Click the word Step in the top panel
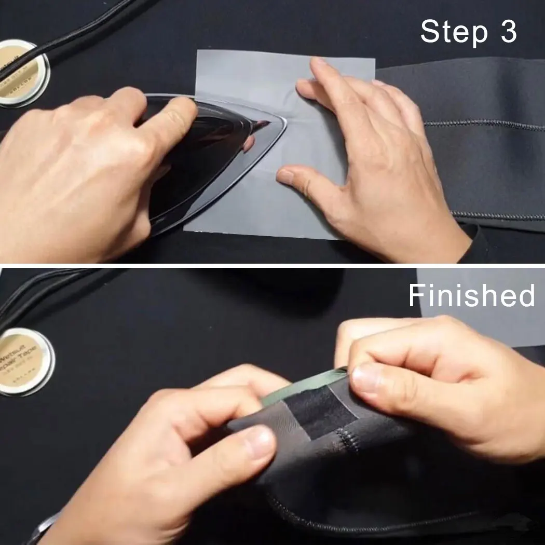click(454, 32)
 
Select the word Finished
click(471, 295)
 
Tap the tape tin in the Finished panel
click(25, 361)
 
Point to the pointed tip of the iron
click(283, 125)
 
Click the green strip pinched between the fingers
click(301, 387)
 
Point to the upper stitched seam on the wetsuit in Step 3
click(483, 125)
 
